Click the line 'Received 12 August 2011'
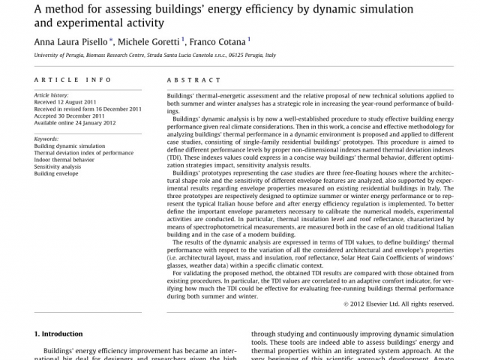66,102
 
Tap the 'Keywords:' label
46,139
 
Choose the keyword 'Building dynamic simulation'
70,146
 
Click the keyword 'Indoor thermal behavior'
64,160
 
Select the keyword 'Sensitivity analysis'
58,166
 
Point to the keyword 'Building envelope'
55,173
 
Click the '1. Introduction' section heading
58,333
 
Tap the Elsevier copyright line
398,304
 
